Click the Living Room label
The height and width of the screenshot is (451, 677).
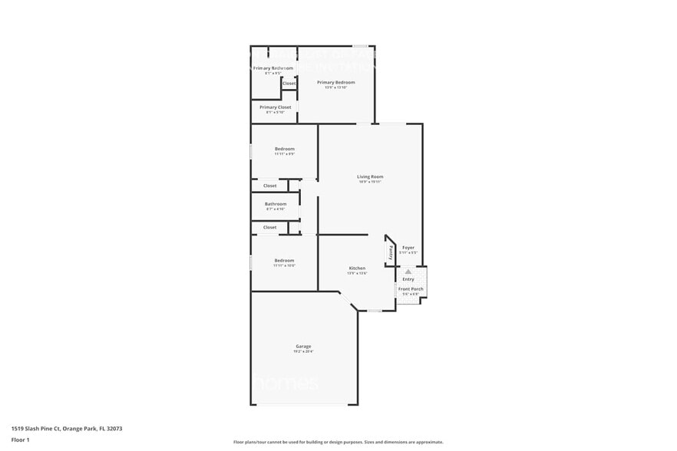[x=370, y=177]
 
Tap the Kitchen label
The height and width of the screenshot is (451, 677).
[x=357, y=268]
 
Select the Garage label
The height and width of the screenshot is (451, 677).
[x=303, y=347]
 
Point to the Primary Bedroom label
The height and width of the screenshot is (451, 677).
[x=336, y=82]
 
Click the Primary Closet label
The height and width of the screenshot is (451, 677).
[x=275, y=107]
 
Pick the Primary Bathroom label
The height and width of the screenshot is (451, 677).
[x=273, y=69]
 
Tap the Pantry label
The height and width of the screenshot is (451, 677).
[x=389, y=251]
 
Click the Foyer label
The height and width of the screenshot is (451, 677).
[x=408, y=248]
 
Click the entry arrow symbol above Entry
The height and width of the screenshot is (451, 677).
[x=408, y=272]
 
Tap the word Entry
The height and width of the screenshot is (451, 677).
[x=408, y=279]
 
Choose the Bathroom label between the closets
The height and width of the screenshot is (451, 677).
[x=276, y=204]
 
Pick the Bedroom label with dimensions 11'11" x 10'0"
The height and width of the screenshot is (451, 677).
[x=284, y=261]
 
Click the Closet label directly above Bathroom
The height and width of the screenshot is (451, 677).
[x=270, y=186]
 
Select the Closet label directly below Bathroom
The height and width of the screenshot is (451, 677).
[x=270, y=227]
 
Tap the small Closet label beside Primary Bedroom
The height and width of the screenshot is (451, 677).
[x=289, y=84]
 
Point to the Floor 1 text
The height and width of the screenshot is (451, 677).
[x=21, y=440]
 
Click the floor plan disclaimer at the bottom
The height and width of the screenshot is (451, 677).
[x=338, y=442]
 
